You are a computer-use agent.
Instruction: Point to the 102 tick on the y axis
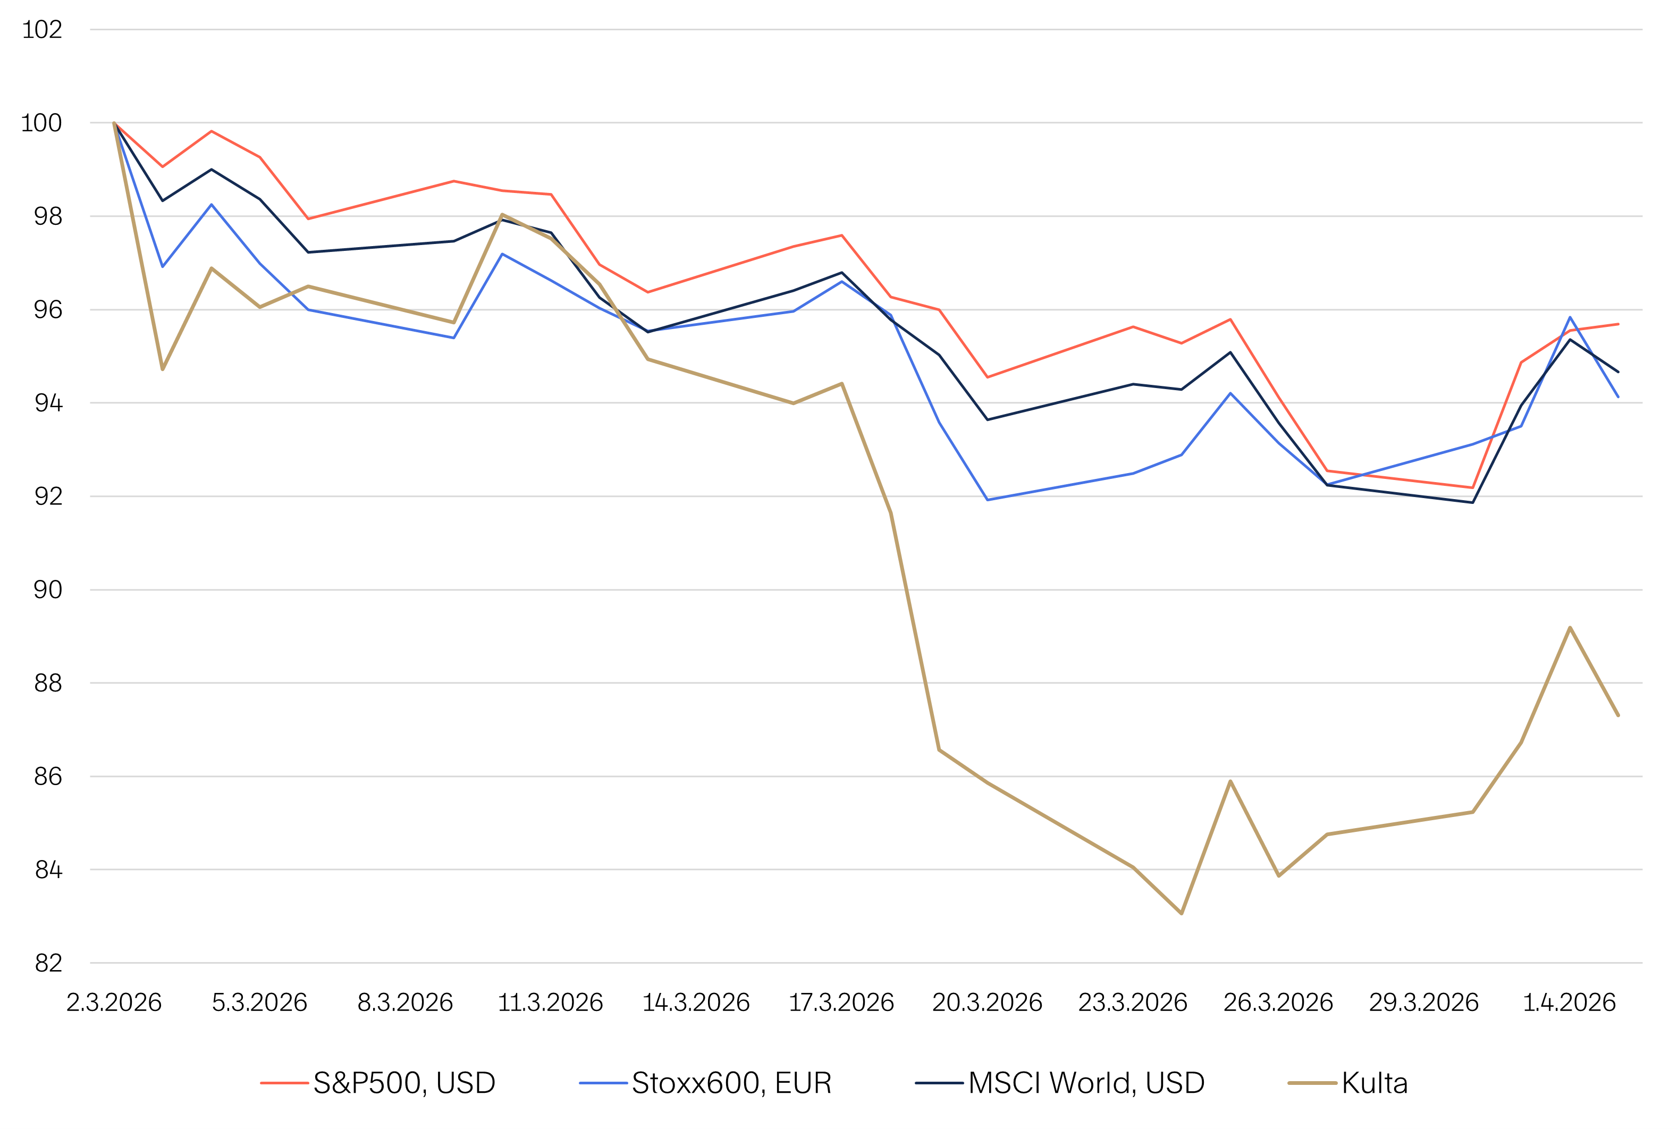pyautogui.click(x=43, y=30)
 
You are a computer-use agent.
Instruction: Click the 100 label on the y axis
pyautogui.click(x=42, y=123)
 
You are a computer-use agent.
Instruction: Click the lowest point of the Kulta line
pyautogui.click(x=1181, y=914)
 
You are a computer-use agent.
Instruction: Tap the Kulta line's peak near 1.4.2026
pyautogui.click(x=1570, y=628)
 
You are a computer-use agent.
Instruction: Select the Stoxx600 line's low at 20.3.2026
pyautogui.click(x=988, y=500)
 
